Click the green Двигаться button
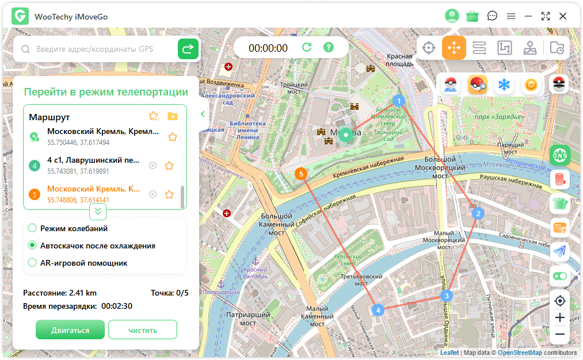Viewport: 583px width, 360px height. click(x=70, y=330)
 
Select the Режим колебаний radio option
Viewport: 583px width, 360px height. click(x=33, y=228)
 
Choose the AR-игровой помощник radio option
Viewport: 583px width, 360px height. click(x=33, y=263)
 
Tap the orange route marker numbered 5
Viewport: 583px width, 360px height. click(x=300, y=173)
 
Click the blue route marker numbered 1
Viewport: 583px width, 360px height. click(x=398, y=101)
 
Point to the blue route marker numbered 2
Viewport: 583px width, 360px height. click(x=477, y=214)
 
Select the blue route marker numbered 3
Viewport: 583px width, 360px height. click(x=445, y=296)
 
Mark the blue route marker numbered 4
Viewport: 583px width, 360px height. click(x=378, y=310)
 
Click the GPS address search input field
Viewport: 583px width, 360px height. click(x=98, y=49)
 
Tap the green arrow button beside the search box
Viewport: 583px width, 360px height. click(x=188, y=49)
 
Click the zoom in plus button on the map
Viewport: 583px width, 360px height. click(x=559, y=317)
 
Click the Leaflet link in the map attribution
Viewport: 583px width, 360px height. click(x=449, y=353)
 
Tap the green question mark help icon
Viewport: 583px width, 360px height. click(x=328, y=48)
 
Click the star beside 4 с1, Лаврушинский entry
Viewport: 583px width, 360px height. click(x=169, y=166)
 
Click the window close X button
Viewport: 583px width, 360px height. click(x=563, y=16)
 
